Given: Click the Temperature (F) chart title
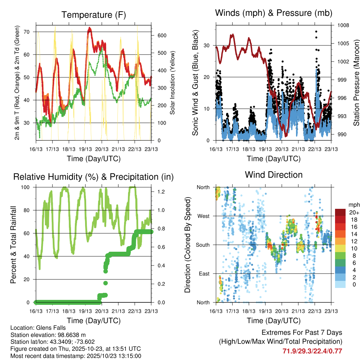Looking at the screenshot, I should coord(94,15).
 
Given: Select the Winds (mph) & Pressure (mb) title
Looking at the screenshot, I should coord(274,13).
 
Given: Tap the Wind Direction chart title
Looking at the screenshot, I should coord(274,174).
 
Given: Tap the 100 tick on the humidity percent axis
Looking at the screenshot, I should coord(28,187).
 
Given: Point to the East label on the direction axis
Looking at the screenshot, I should coord(203,274).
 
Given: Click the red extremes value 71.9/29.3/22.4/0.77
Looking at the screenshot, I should coord(312,351).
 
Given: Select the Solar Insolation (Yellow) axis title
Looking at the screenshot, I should coord(172,83).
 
